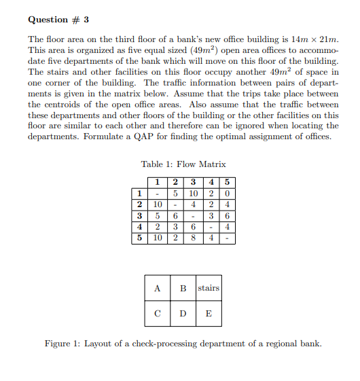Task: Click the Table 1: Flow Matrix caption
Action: [x=183, y=164]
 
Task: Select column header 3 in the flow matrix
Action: [x=193, y=181]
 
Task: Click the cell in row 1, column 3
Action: [x=193, y=193]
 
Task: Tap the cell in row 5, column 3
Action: [x=193, y=238]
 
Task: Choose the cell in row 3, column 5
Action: [x=228, y=216]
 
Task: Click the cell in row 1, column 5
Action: [x=228, y=193]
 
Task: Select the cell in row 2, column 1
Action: [x=157, y=204]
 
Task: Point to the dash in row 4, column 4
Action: [x=213, y=228]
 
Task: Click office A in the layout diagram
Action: [x=158, y=288]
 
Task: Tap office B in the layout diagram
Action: [x=183, y=288]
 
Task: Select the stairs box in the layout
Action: [x=209, y=288]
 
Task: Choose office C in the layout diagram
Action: [x=158, y=314]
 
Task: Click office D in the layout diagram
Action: [x=183, y=314]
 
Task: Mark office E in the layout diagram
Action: [x=209, y=314]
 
